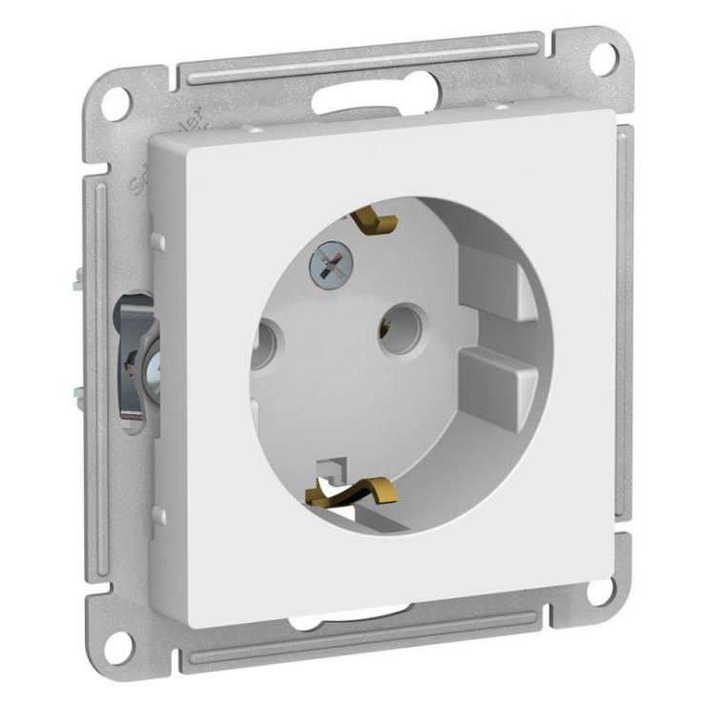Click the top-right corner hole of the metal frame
(602, 59)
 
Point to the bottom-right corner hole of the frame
(598, 591)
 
